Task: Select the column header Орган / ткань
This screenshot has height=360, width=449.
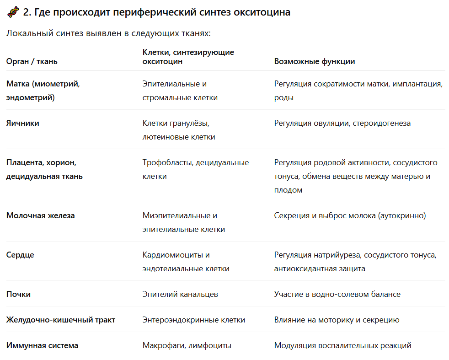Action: (x=32, y=61)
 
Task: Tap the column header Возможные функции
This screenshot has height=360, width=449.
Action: (x=315, y=61)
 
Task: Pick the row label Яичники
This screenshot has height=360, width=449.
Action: (x=23, y=123)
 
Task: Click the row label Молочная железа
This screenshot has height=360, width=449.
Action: (x=41, y=215)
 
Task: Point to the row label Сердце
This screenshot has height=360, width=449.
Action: (x=20, y=255)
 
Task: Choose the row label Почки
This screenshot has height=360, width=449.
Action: (x=19, y=294)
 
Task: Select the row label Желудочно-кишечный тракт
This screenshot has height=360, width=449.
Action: (x=61, y=320)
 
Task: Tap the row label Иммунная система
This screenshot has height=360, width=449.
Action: (x=42, y=345)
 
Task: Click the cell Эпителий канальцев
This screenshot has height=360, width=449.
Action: (x=180, y=294)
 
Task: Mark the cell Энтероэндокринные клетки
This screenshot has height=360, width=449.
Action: (x=194, y=320)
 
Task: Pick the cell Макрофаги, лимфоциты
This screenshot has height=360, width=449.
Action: (x=187, y=345)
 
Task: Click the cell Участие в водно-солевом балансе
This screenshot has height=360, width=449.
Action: (x=337, y=294)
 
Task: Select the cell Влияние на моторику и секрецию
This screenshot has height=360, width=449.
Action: (x=337, y=320)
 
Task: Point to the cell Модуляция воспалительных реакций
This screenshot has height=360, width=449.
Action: (x=343, y=345)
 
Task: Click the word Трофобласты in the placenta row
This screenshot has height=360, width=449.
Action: (x=167, y=162)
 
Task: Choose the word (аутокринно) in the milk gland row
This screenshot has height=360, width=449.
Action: (x=402, y=215)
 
